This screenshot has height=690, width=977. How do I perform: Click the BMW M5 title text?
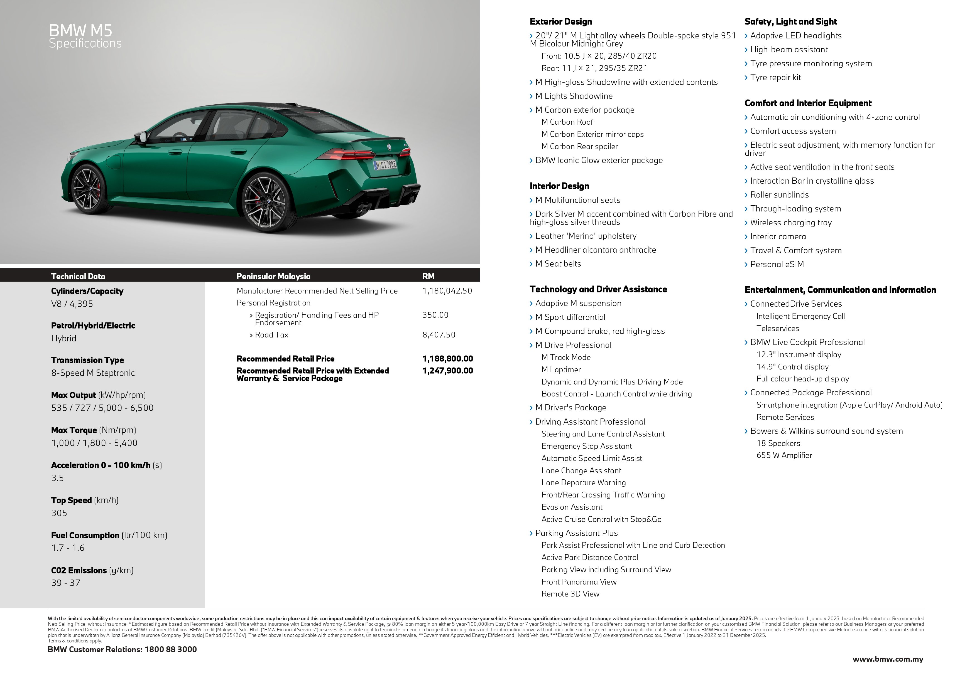80,31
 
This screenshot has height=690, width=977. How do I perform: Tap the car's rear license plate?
385,165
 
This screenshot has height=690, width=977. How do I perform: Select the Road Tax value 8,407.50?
439,335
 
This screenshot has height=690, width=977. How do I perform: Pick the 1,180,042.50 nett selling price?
447,291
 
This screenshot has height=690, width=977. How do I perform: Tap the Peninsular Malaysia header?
273,276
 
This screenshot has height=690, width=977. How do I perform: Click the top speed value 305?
59,513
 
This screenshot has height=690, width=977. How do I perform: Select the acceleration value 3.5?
57,478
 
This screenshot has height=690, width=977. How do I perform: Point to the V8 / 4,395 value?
72,304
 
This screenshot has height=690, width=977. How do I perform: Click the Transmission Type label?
87,360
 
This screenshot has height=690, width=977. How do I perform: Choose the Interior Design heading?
559,186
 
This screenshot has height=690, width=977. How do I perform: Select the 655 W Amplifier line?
784,455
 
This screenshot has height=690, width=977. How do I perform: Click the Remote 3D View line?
570,594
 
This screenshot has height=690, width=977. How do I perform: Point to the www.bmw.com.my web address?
888,659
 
